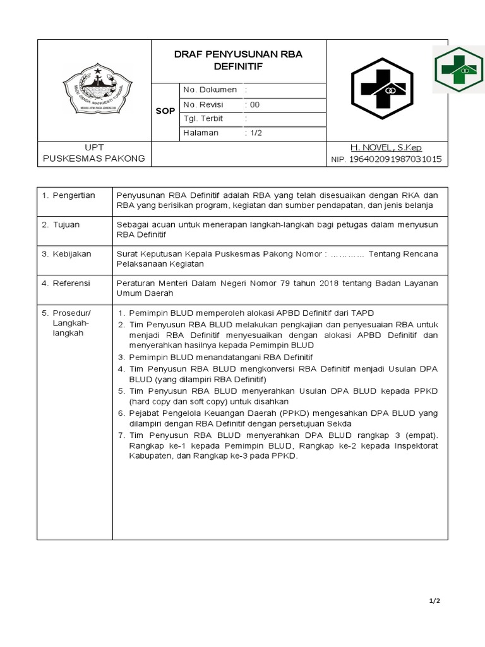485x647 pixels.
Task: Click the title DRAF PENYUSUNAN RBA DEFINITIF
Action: pos(238,60)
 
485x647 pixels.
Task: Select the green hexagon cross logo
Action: pos(458,70)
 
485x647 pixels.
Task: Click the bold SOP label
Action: pos(165,111)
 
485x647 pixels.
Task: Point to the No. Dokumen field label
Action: pos(210,90)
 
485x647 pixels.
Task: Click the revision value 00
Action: pos(254,104)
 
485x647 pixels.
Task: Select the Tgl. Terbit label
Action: pos(203,118)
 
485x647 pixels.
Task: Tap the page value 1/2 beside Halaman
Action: pos(255,133)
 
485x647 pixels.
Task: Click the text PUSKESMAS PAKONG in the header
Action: pos(93,158)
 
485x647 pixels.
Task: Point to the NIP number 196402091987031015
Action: pos(395,160)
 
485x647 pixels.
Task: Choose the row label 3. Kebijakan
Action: pos(66,253)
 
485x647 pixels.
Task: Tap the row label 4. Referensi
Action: pos(66,282)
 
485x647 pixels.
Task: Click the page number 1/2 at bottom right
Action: pos(434,601)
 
